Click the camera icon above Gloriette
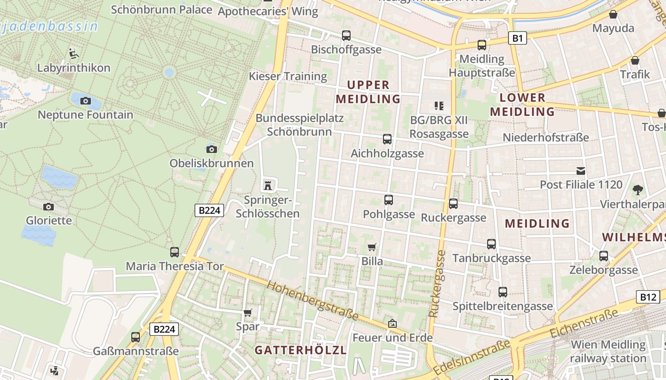pyautogui.click(x=48, y=207)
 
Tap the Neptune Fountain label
pyautogui.click(x=86, y=115)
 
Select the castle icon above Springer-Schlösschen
pyautogui.click(x=268, y=185)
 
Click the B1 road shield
pyautogui.click(x=518, y=38)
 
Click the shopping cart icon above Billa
pyautogui.click(x=372, y=247)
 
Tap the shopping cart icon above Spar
pyautogui.click(x=247, y=313)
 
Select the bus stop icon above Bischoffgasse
pyautogui.click(x=346, y=35)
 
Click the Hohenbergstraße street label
pyautogui.click(x=313, y=300)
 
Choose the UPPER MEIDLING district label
pyautogui.click(x=368, y=92)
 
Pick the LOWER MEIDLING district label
pyautogui.click(x=522, y=105)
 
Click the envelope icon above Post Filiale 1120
pyautogui.click(x=581, y=171)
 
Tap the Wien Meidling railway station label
pyautogui.click(x=608, y=351)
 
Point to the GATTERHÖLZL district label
pyautogui.click(x=300, y=350)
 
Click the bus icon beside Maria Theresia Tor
pyautogui.click(x=175, y=252)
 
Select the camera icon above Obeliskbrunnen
pyautogui.click(x=212, y=150)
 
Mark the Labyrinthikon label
pyautogui.click(x=74, y=68)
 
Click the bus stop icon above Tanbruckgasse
pyautogui.click(x=491, y=244)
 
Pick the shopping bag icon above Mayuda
pyautogui.click(x=613, y=14)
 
